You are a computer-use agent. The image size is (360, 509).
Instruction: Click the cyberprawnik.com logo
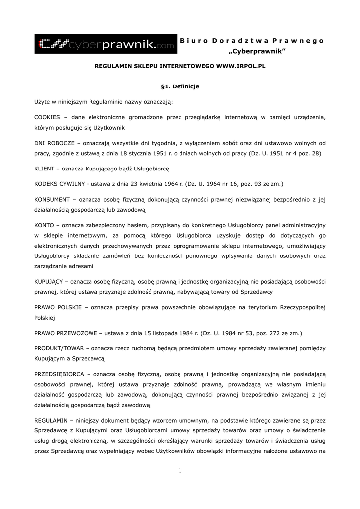pos(105,44)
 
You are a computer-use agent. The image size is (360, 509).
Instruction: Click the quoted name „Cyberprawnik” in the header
pos(257,52)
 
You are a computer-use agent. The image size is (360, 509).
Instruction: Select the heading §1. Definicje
pos(180,86)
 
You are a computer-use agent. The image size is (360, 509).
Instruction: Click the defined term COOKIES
pos(47,117)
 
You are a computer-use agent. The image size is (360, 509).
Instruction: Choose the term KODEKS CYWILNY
pos(58,184)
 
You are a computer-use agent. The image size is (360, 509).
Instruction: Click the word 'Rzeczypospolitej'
pos(302,307)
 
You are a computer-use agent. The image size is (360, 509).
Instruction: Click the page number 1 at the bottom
pos(180,471)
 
